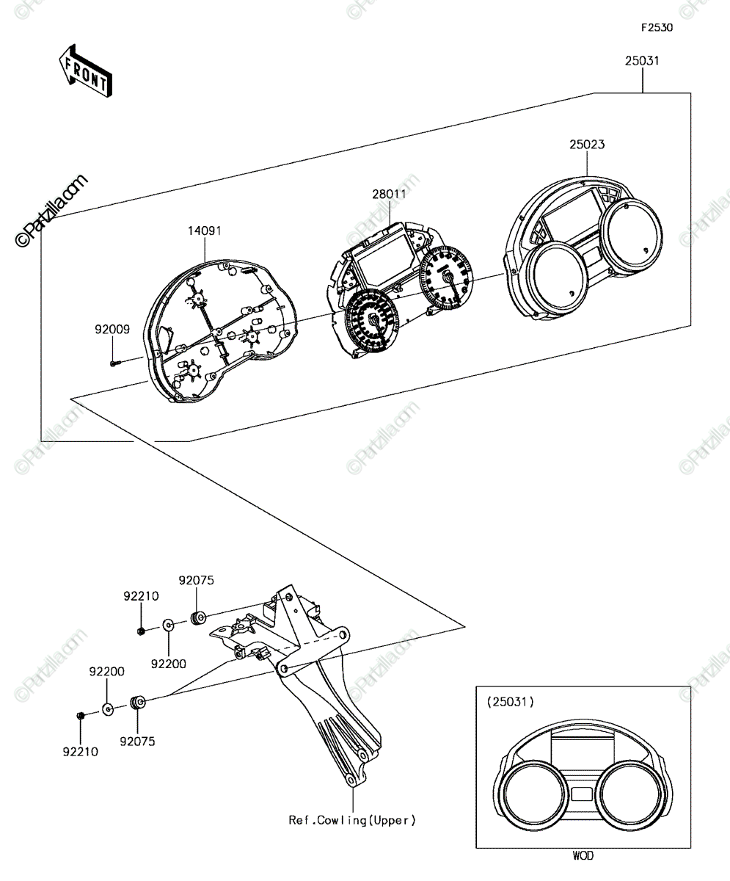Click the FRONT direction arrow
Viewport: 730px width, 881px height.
coord(86,71)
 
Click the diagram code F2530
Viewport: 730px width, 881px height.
coord(657,28)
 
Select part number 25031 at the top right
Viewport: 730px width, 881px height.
coord(642,61)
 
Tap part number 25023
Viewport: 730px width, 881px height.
coord(587,145)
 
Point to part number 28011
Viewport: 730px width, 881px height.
coord(390,194)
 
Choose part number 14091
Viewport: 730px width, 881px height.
coord(205,231)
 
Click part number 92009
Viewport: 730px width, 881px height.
coord(112,330)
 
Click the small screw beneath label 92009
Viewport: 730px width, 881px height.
coord(114,363)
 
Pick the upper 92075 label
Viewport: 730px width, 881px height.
coord(197,580)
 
